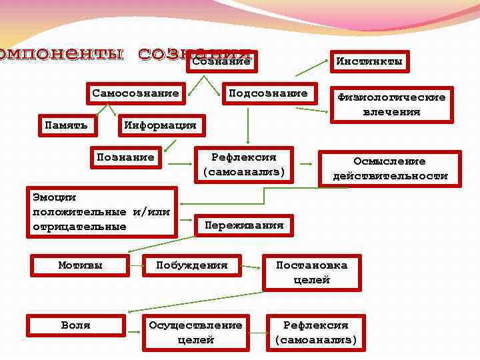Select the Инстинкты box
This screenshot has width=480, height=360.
coord(369,61)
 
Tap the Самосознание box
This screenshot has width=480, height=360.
coord(135,93)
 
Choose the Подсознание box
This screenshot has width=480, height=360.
coord(268,93)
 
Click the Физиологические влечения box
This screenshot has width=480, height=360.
coord(391,105)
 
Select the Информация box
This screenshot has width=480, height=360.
coord(160,125)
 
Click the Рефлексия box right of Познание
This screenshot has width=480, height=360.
coord(243,165)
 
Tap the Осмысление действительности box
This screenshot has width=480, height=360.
coord(390,169)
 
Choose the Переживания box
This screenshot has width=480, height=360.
coord(243,225)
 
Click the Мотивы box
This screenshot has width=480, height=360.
coord(80,265)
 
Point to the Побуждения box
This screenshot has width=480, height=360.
coord(191,265)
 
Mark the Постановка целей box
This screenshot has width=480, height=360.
coord(311,272)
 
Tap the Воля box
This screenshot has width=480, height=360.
coord(75,325)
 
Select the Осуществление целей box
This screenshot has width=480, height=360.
coord(195,332)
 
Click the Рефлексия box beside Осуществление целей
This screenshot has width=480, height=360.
coord(315,332)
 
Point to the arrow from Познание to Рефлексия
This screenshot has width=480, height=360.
coord(179,161)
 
